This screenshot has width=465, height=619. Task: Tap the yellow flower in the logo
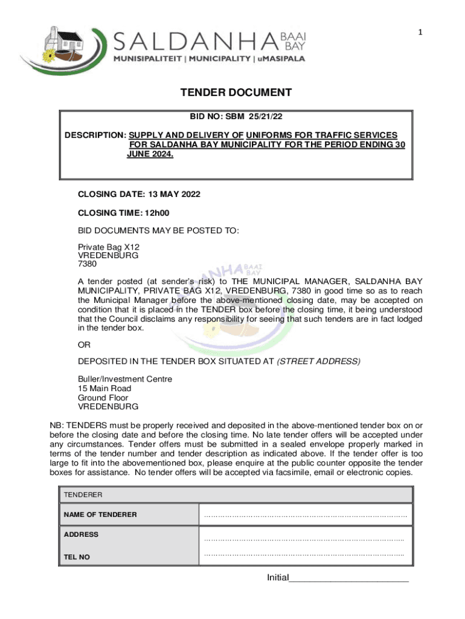[x=49, y=58]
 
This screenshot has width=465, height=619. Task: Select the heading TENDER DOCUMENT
[x=236, y=92]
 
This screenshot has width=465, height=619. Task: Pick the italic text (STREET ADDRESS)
[x=318, y=361]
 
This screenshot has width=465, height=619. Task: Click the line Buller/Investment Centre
[x=125, y=379]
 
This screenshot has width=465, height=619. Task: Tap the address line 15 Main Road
[x=104, y=388]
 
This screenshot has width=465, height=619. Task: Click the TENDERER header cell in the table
[x=83, y=494]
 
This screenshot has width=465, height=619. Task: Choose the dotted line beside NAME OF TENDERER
[x=306, y=516]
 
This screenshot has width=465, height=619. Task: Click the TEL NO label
[x=77, y=557]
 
